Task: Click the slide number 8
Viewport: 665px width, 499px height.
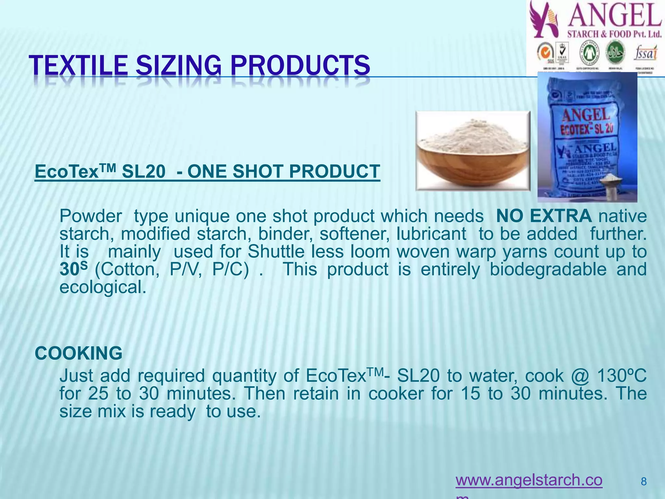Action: coord(644,481)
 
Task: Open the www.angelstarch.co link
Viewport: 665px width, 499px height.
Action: coord(529,480)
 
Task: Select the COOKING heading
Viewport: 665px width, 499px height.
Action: coord(79,353)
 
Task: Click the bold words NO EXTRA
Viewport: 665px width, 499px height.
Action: coord(544,216)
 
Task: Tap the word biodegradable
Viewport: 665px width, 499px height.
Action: coord(548,269)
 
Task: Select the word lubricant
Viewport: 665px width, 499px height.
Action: coord(431,234)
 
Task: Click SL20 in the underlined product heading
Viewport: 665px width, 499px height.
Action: coord(144,172)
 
